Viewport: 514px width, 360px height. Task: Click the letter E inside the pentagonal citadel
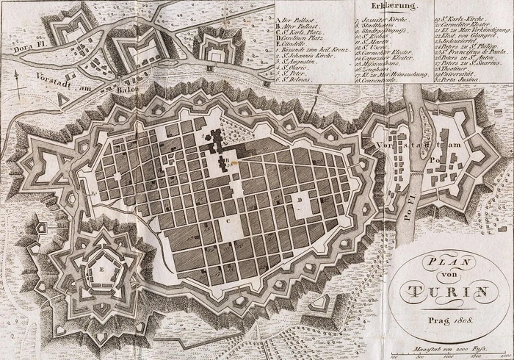[100, 270]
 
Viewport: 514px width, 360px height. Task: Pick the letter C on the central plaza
[228, 219]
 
